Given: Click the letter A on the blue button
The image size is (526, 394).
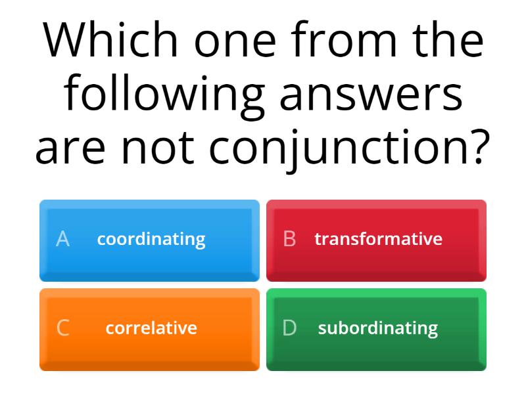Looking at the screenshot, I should point(62,239).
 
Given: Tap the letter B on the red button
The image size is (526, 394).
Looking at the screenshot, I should point(289,239).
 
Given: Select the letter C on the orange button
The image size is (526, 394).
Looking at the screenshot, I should point(62,328).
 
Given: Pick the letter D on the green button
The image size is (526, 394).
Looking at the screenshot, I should point(289,328).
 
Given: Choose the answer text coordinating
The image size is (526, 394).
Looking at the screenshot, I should point(151,239).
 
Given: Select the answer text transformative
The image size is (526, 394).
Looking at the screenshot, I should point(378,239).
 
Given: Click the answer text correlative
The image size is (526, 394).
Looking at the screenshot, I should point(151,328).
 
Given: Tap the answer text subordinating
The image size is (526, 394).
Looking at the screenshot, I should point(378,328).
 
